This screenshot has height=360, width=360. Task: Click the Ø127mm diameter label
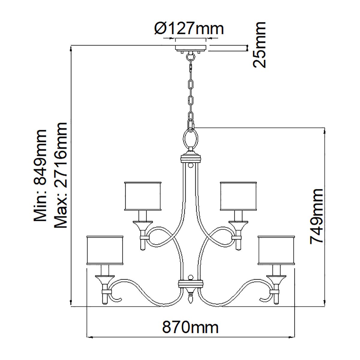click(189, 29)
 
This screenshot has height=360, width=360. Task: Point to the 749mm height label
click(317, 216)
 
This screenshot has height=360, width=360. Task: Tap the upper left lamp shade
click(143, 196)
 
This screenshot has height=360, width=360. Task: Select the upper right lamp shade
click(239, 196)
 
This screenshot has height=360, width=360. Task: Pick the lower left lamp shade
click(105, 250)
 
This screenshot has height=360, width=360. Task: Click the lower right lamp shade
click(277, 250)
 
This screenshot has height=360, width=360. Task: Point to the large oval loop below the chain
click(190, 139)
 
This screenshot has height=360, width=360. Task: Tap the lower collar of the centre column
click(190, 283)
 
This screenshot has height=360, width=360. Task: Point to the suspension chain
click(190, 90)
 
